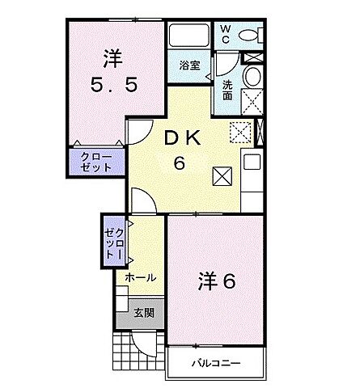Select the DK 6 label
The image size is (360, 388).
[x=179, y=150]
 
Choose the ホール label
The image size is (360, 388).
[x=140, y=276]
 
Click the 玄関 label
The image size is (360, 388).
[x=144, y=312]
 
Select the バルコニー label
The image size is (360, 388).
[x=215, y=362]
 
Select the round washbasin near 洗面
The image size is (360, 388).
[x=251, y=77]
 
